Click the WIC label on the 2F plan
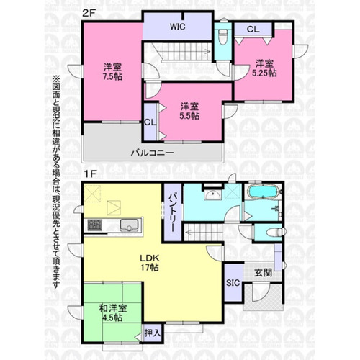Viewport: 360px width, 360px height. tap(178, 27)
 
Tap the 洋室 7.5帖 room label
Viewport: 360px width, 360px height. tap(112, 71)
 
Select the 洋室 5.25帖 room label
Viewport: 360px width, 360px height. tap(264, 68)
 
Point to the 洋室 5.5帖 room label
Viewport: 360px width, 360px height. tap(189, 111)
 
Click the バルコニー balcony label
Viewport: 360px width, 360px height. tap(152, 153)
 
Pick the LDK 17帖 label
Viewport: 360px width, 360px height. tap(150, 263)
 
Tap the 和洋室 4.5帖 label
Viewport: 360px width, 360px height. tap(113, 312)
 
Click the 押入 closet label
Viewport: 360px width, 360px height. tap(152, 333)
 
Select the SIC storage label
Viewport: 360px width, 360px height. tap(233, 283)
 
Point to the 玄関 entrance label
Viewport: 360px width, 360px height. tap(264, 273)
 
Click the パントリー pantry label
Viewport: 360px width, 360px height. tap(172, 213)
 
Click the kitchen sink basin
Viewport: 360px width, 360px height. tap(130, 225)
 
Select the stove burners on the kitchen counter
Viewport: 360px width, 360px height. tap(94, 225)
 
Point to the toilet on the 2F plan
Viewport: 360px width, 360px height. tap(222, 35)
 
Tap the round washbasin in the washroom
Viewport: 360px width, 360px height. tap(212, 195)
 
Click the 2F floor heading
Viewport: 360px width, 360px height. tap(89, 13)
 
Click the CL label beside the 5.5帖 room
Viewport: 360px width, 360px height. tap(150, 122)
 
